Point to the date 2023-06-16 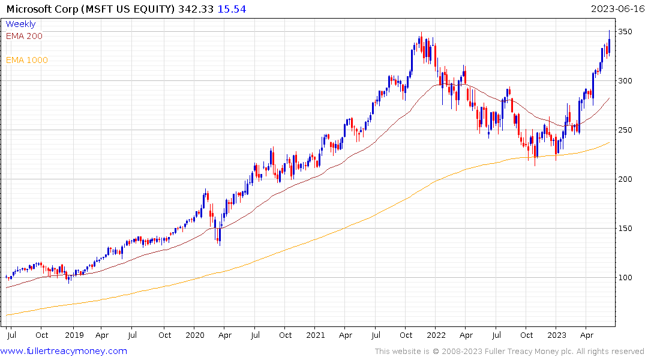[617, 9]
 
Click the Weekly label [20, 25]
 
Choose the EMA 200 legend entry [24, 36]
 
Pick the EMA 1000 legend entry [27, 60]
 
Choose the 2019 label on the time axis [74, 335]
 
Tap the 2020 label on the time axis [196, 335]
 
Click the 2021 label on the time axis [316, 335]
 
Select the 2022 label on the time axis [436, 335]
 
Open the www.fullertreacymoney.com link [64, 351]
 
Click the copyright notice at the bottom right [509, 352]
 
